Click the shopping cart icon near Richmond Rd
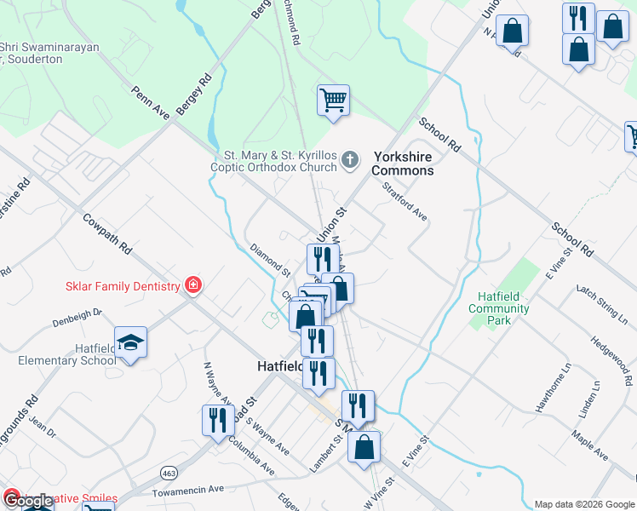(333, 100)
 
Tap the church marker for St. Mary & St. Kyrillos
(350, 159)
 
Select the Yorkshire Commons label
(402, 164)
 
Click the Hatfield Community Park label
(499, 308)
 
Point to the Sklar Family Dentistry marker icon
(193, 285)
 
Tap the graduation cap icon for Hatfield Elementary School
(130, 342)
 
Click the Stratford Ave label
(404, 200)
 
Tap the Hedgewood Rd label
(614, 358)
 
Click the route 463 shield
(169, 470)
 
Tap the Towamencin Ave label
(187, 491)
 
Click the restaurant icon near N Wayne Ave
(217, 419)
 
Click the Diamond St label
(269, 260)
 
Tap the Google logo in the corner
(28, 501)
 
